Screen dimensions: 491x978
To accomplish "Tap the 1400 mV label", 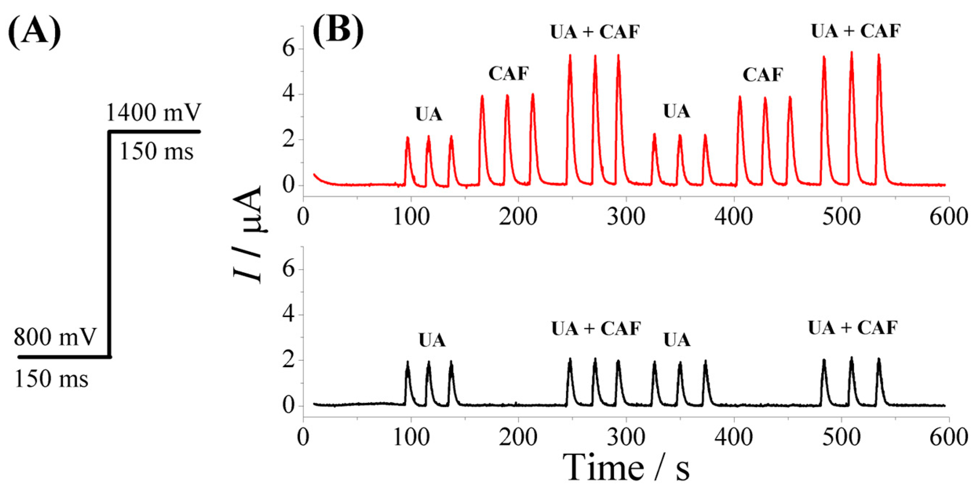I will pyautogui.click(x=153, y=112).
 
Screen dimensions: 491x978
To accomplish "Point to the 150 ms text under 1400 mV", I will pyautogui.click(x=156, y=151).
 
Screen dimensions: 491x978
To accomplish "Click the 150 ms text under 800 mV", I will pyautogui.click(x=51, y=379).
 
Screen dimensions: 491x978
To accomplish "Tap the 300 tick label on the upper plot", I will pyautogui.click(x=626, y=217).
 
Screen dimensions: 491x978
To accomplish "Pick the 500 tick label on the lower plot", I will pyautogui.click(x=841, y=438).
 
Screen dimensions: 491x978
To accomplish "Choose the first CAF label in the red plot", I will pyautogui.click(x=508, y=74).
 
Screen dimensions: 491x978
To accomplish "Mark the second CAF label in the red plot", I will pyautogui.click(x=763, y=75).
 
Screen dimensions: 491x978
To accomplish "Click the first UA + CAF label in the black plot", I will pyautogui.click(x=596, y=328).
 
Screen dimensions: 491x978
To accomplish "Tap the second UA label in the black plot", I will pyautogui.click(x=677, y=340).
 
